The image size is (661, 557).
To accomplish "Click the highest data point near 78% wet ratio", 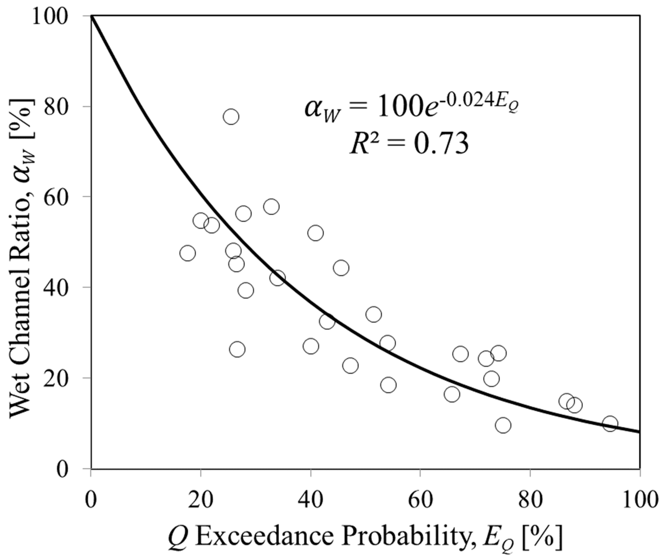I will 231,116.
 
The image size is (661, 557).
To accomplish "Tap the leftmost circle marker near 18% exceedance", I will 188,253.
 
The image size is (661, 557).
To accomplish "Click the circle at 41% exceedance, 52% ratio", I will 315,233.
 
